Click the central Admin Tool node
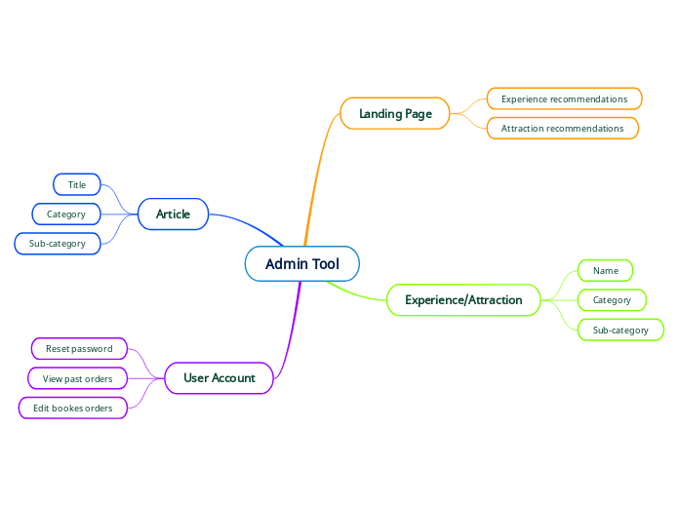(x=301, y=264)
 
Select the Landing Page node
(x=394, y=114)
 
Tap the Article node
(x=173, y=214)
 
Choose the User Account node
(x=219, y=378)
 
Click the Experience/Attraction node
(x=463, y=300)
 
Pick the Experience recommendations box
(x=564, y=99)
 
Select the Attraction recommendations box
(x=562, y=129)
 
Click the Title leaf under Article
(x=76, y=185)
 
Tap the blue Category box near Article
(x=66, y=214)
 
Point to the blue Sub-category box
(x=58, y=244)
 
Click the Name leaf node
(x=605, y=271)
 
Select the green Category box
(x=612, y=300)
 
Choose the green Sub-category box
(x=620, y=331)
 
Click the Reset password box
(x=79, y=349)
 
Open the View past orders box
(x=78, y=378)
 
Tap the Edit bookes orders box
(x=73, y=409)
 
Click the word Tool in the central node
(x=325, y=264)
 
